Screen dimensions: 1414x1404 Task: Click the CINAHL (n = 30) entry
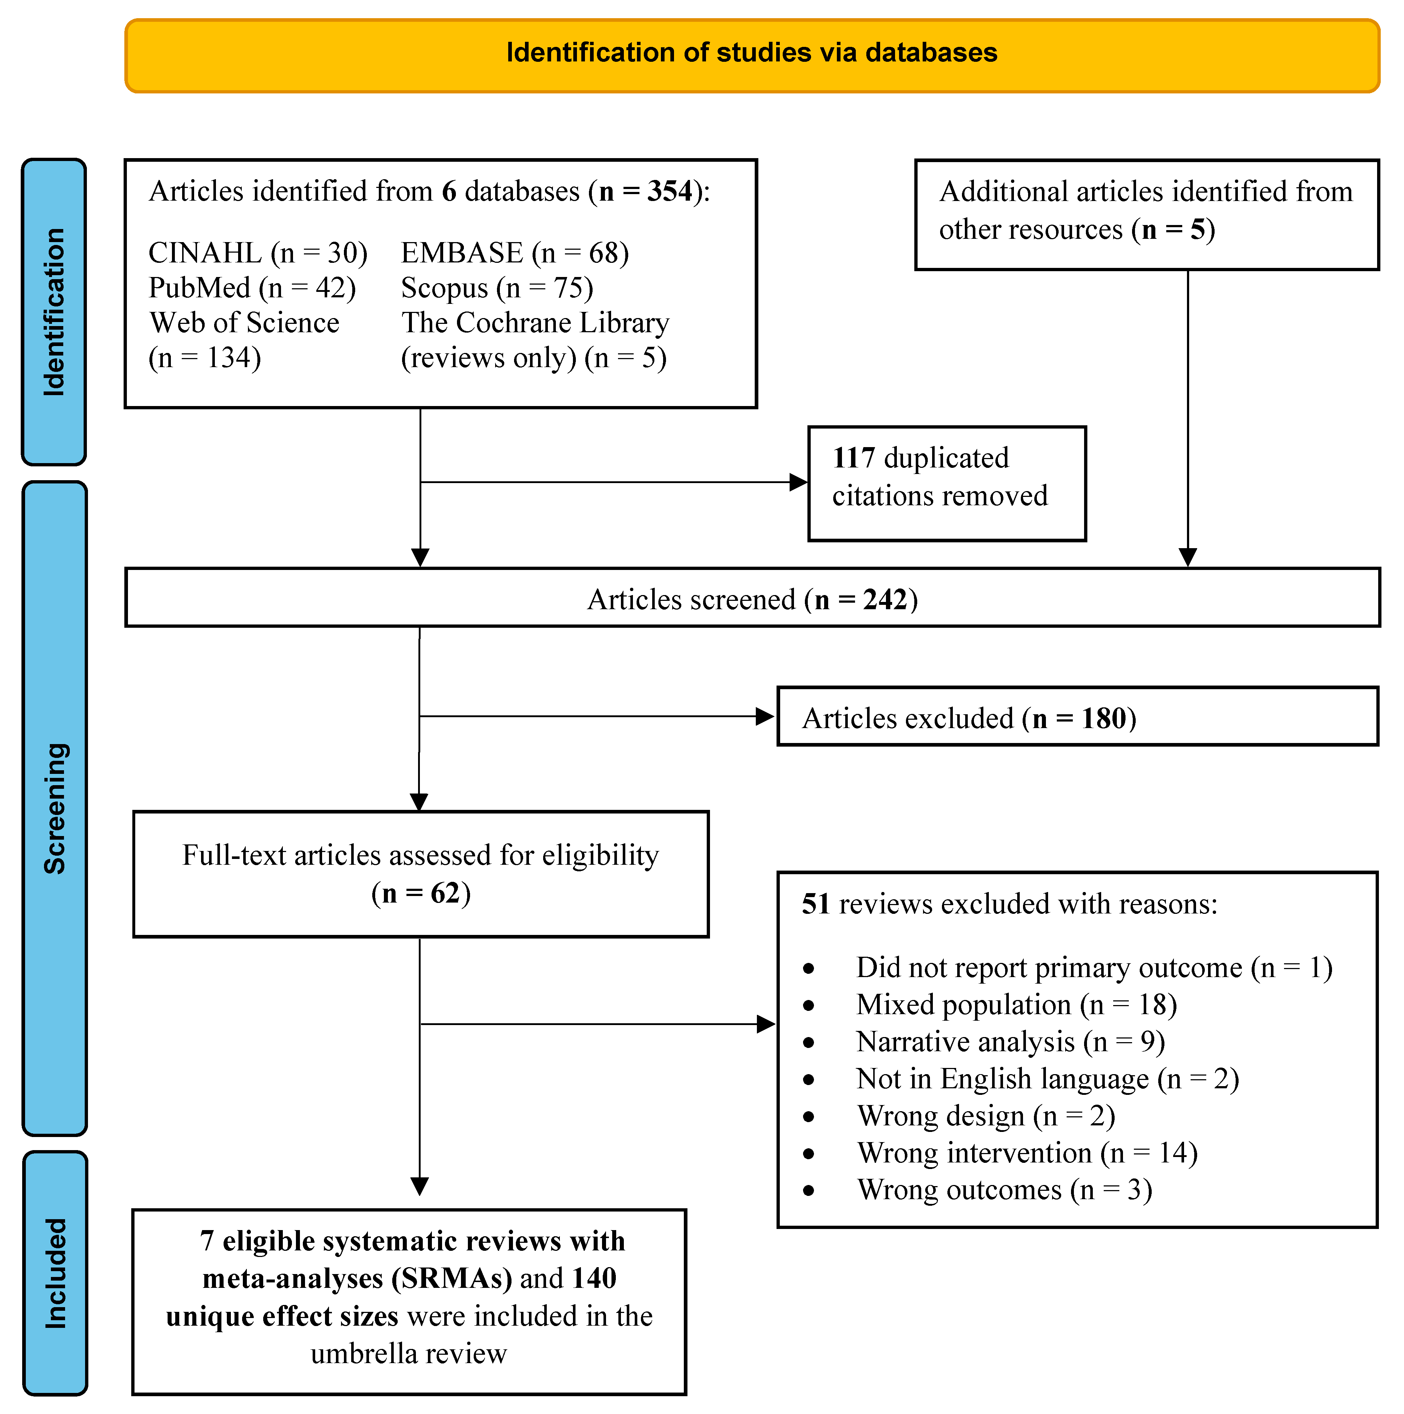click(x=258, y=253)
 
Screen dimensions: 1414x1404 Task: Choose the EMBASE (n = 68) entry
click(x=515, y=253)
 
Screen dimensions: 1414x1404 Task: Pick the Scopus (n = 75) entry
click(x=497, y=288)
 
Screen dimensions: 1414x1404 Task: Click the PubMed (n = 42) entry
click(x=252, y=288)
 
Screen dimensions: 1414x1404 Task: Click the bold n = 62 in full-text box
click(x=420, y=893)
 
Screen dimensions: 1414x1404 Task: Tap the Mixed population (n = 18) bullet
click(x=1016, y=1005)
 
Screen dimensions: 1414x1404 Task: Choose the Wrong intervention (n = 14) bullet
click(x=1027, y=1153)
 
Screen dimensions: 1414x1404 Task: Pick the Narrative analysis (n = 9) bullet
click(x=1010, y=1042)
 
